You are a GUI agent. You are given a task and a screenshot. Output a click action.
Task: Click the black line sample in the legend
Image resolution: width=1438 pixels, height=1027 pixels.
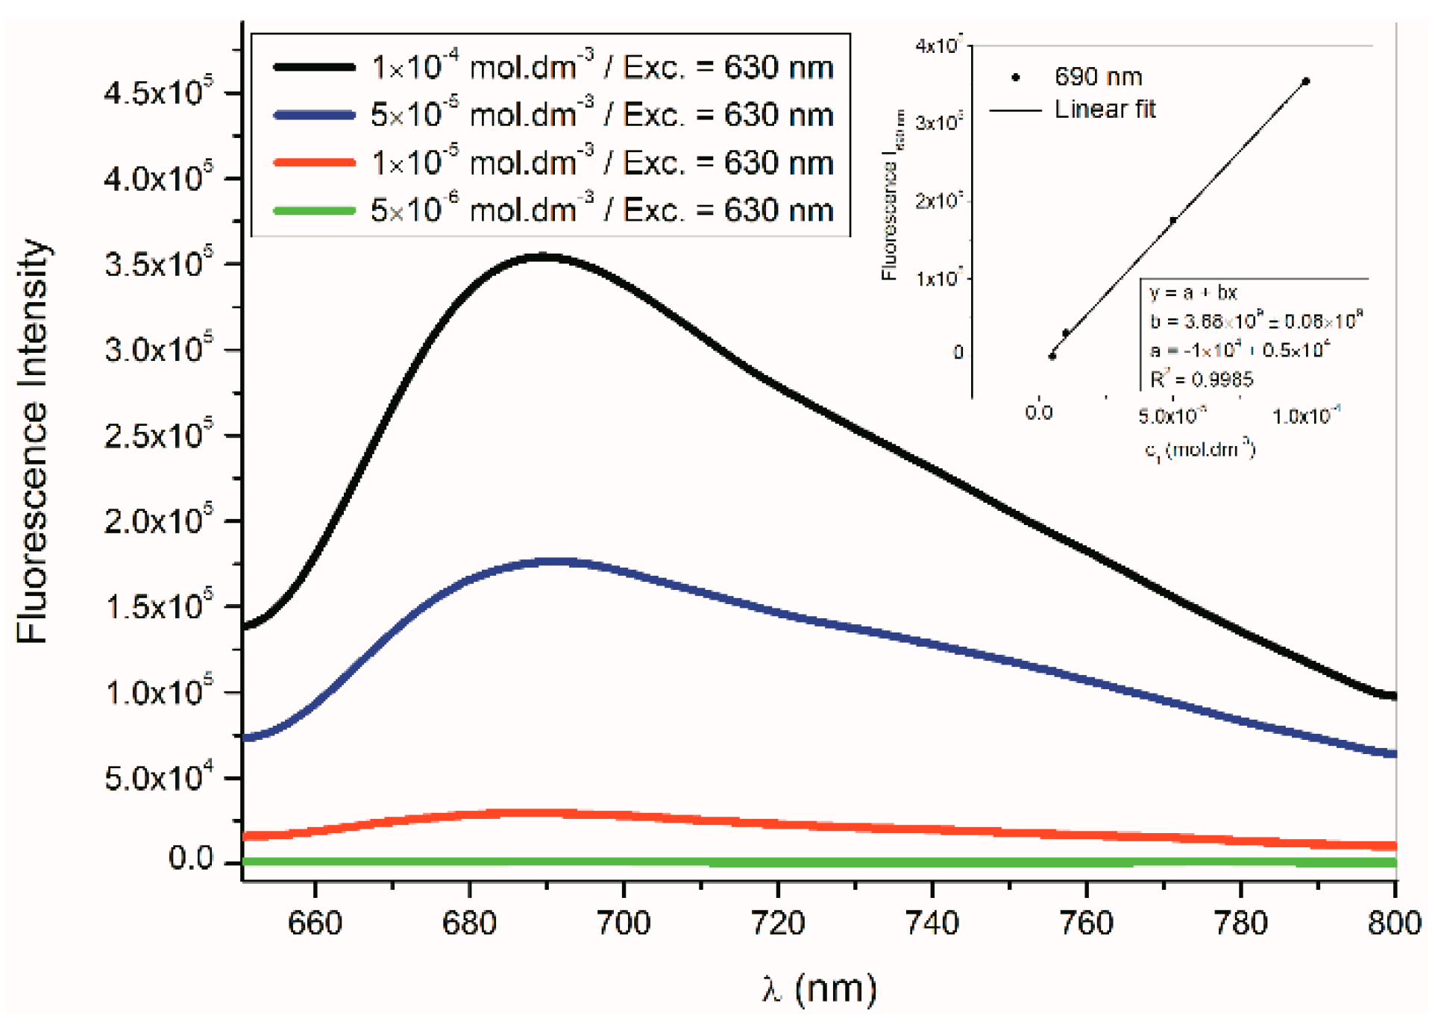pos(314,68)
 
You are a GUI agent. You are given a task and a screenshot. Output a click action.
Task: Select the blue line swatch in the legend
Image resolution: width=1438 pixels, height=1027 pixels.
pos(314,116)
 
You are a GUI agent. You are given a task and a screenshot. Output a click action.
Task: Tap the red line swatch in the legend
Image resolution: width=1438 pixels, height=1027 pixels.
pos(314,163)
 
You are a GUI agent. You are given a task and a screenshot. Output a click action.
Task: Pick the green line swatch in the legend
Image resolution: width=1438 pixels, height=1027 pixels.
pos(314,210)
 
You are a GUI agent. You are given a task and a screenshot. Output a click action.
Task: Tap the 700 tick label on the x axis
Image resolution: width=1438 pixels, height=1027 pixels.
pos(624,923)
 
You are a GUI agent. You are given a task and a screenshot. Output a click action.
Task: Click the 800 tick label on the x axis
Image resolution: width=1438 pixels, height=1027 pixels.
pos(1393,923)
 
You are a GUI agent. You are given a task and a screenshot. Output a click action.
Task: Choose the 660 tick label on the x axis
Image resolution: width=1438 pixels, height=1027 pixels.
pos(315,923)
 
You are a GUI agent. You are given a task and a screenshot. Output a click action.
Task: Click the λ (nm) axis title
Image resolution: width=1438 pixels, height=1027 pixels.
pos(819,990)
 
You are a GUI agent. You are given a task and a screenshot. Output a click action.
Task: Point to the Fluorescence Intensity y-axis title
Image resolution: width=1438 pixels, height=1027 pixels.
pos(33,440)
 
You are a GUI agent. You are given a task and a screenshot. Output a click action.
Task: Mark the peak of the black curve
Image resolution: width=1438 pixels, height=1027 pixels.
pos(543,257)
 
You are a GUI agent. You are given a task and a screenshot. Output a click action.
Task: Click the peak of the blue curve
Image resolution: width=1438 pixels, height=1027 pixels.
pos(556,562)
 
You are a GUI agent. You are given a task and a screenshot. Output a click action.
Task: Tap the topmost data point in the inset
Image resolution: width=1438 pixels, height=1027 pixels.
pos(1305,81)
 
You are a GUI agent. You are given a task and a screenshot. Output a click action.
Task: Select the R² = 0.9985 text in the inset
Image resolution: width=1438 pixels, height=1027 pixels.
pos(1201,380)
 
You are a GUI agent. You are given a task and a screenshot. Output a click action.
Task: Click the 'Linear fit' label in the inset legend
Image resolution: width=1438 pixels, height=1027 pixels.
pos(1105,110)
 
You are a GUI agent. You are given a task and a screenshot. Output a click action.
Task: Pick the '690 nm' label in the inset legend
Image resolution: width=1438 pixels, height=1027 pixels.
pos(1098,77)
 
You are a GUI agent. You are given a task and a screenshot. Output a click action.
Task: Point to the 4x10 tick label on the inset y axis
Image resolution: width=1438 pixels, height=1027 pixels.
pos(939,46)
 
